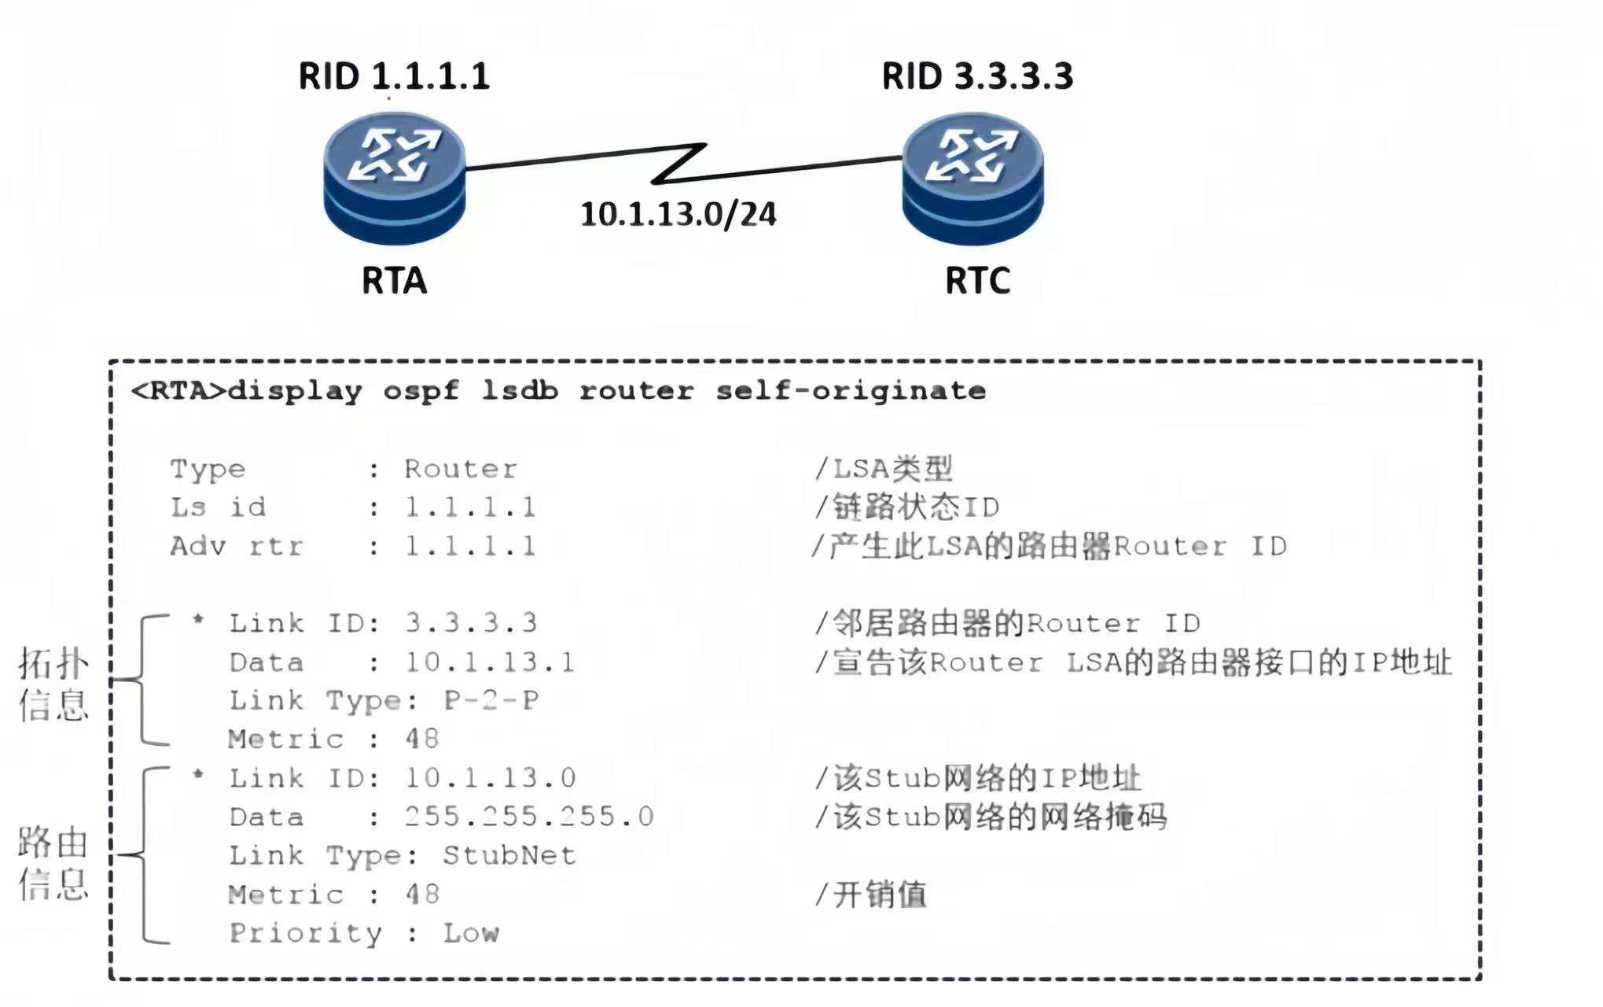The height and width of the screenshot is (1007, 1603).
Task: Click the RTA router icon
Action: click(395, 178)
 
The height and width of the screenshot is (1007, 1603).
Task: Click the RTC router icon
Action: click(973, 178)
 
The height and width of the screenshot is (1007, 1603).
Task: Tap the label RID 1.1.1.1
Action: click(394, 76)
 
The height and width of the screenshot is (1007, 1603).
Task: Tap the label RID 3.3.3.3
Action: click(977, 76)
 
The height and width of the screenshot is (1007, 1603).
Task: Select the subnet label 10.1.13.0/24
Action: click(678, 214)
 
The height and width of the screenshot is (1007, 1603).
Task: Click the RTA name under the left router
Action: click(394, 281)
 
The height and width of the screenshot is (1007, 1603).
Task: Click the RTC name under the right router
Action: click(977, 281)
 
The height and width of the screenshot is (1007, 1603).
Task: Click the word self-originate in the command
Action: click(851, 391)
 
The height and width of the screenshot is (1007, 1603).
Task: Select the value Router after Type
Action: click(461, 469)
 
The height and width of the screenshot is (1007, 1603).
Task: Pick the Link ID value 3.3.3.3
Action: click(471, 623)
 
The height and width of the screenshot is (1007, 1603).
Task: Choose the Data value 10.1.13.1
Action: click(490, 662)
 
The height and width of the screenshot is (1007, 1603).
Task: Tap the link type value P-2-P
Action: click(491, 700)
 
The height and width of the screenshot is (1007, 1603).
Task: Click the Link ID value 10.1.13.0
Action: click(491, 778)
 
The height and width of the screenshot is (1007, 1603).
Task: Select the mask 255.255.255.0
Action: click(529, 817)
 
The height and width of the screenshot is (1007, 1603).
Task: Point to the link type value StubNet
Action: click(509, 855)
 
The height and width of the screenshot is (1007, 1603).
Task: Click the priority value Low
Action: click(471, 933)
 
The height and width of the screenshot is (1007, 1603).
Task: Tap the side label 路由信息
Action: click(53, 863)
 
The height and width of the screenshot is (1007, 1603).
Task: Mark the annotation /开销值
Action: click(871, 894)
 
